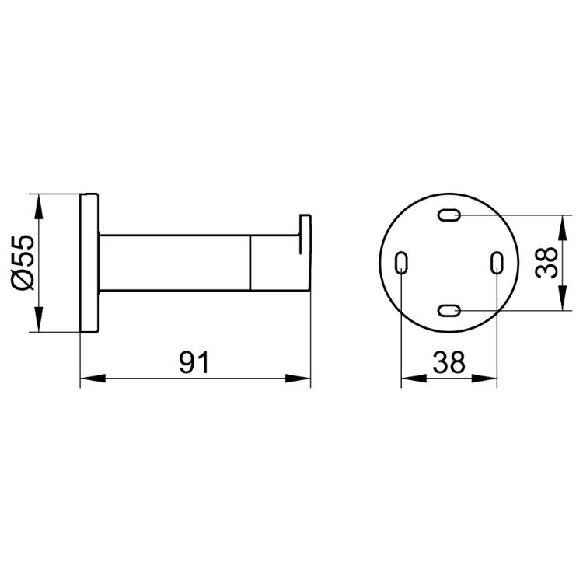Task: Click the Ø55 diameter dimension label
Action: (23, 263)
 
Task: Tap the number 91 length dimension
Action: (194, 362)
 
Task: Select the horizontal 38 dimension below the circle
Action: (449, 362)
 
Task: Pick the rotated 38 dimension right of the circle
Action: (546, 263)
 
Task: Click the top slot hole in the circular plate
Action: (449, 215)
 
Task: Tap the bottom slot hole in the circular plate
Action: (449, 310)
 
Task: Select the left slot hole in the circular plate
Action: (401, 263)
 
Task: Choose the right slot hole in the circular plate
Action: (497, 263)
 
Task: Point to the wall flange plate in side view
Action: (89, 263)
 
